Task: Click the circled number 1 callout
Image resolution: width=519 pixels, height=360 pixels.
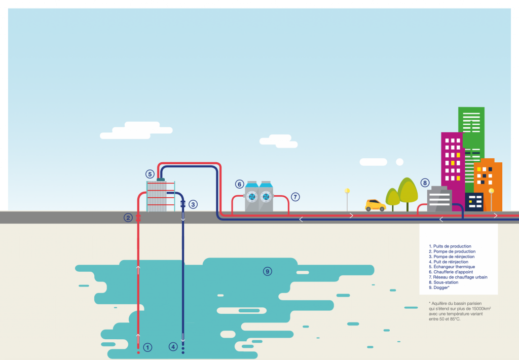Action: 147,347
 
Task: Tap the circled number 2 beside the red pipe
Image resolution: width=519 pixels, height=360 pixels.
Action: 128,218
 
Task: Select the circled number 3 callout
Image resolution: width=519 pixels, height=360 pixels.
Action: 193,205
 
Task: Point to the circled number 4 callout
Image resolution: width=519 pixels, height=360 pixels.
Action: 173,347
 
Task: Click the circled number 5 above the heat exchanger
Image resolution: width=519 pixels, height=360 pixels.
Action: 150,174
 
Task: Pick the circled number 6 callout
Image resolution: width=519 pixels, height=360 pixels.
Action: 239,184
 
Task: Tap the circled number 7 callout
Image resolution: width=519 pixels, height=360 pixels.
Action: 295,196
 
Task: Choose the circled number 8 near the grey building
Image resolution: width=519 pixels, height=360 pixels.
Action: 425,183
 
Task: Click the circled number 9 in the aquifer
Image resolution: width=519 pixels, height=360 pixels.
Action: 267,271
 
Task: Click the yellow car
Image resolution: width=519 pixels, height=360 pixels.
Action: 376,205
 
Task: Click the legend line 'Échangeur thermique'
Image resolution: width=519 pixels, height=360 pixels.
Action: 452,267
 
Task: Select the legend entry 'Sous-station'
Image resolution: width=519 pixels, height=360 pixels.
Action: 444,282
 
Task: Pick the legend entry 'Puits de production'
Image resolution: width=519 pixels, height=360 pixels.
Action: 450,246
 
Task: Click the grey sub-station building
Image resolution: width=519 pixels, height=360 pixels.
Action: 439,200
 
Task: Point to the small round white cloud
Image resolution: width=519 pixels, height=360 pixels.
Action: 399,162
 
